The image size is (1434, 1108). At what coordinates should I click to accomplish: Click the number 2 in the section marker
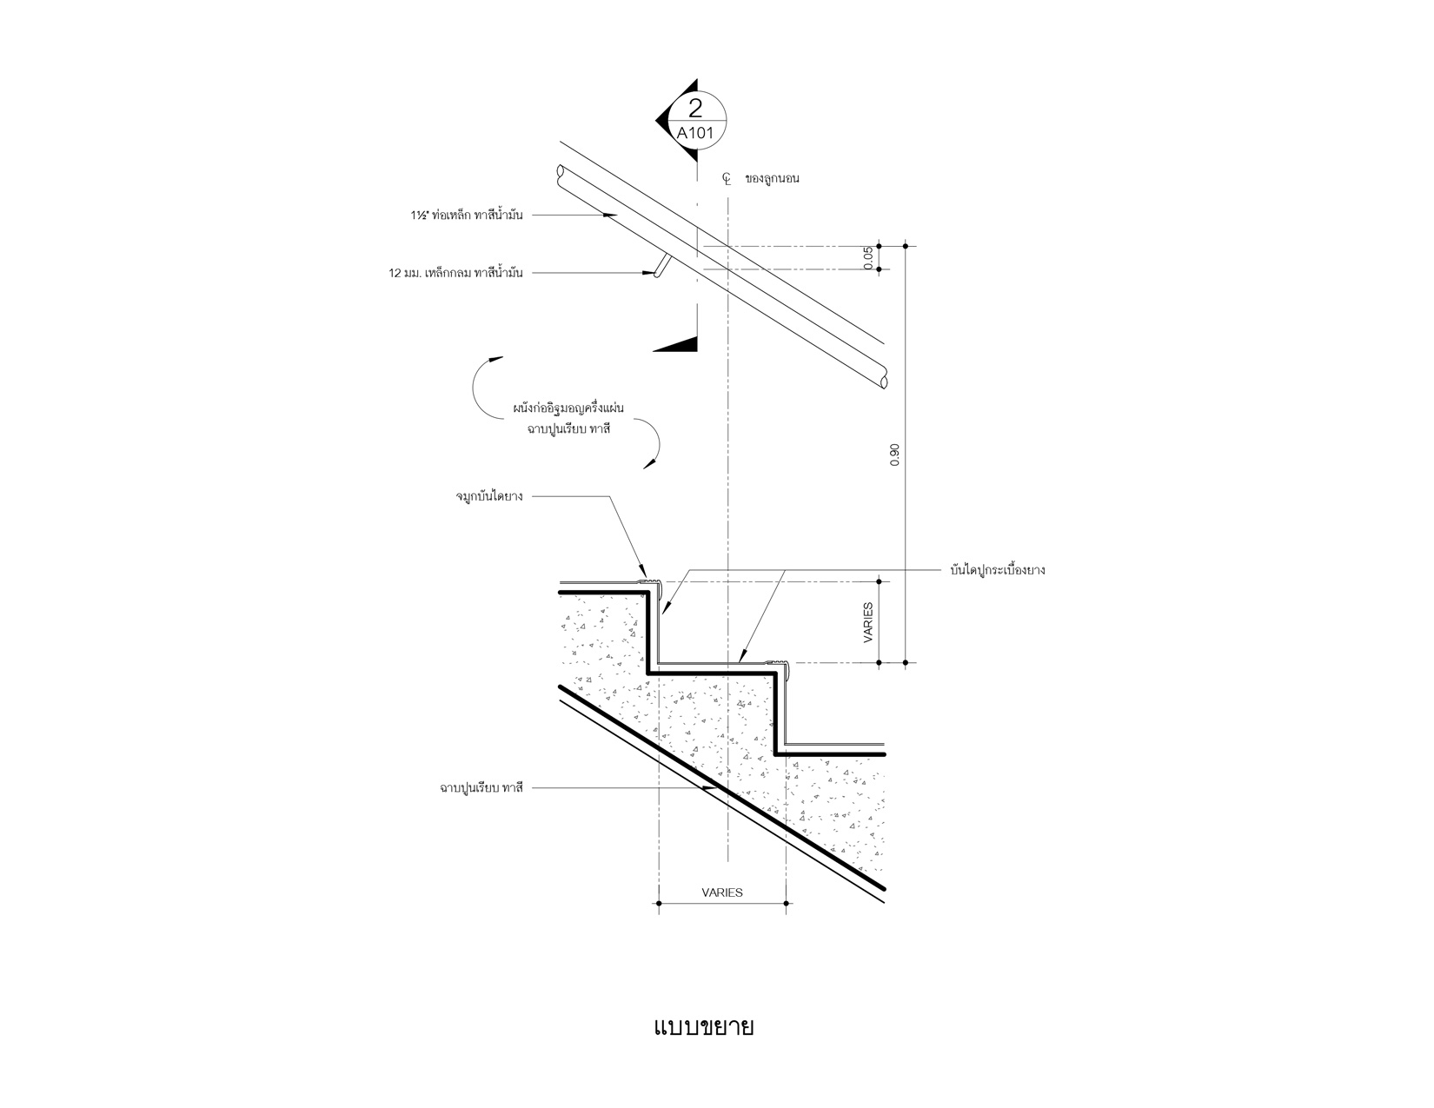[694, 109]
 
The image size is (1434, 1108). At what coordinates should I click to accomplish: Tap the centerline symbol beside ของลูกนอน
[727, 179]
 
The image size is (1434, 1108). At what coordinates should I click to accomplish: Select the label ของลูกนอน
[772, 179]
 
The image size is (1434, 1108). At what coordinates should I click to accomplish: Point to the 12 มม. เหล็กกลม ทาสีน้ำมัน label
[455, 273]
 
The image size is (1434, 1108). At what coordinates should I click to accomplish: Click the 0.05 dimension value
[869, 258]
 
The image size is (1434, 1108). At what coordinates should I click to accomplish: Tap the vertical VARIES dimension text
[869, 622]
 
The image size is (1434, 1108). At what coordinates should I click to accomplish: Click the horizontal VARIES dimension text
[722, 892]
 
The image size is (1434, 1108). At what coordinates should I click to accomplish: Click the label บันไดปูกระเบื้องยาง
[997, 571]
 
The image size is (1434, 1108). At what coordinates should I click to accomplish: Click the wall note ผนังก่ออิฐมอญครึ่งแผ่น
[563, 408]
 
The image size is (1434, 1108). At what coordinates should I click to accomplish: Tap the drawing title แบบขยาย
[703, 1027]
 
